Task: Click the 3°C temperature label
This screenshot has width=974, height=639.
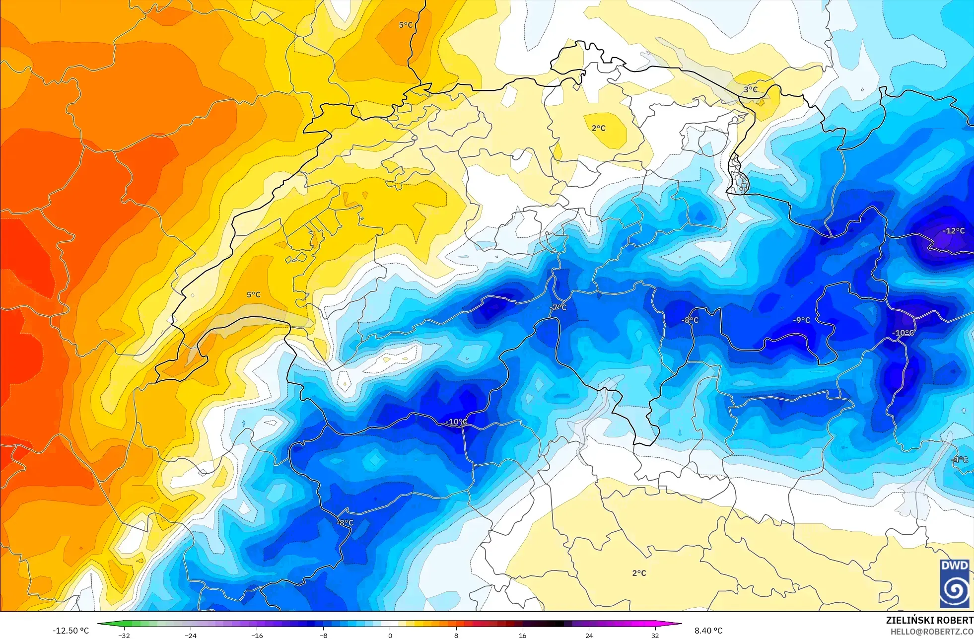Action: [x=751, y=89]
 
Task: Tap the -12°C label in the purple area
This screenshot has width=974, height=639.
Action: [x=954, y=231]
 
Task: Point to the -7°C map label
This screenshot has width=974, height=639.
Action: [x=559, y=307]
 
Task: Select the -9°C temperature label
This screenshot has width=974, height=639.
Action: [x=801, y=320]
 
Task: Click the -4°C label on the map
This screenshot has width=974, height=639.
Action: [x=959, y=460]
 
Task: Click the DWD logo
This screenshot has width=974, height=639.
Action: [x=954, y=583]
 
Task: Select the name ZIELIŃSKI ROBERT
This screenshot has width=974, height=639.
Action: [x=929, y=620]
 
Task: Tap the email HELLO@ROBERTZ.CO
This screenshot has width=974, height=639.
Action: [x=931, y=632]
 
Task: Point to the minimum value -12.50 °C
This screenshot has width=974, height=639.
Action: [x=71, y=631]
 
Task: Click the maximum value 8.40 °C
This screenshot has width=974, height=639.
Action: [x=708, y=631]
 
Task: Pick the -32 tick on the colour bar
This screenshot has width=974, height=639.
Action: [x=124, y=635]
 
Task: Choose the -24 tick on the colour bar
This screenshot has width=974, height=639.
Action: [x=191, y=635]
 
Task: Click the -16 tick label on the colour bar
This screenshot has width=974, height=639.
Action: [x=257, y=635]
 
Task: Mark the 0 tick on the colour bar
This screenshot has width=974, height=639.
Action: [x=390, y=635]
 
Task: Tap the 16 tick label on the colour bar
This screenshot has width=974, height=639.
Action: [x=522, y=635]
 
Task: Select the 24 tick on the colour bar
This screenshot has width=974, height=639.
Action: [x=589, y=635]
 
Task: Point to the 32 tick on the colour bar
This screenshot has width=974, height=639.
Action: [x=655, y=635]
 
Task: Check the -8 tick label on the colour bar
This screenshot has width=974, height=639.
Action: [x=323, y=635]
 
